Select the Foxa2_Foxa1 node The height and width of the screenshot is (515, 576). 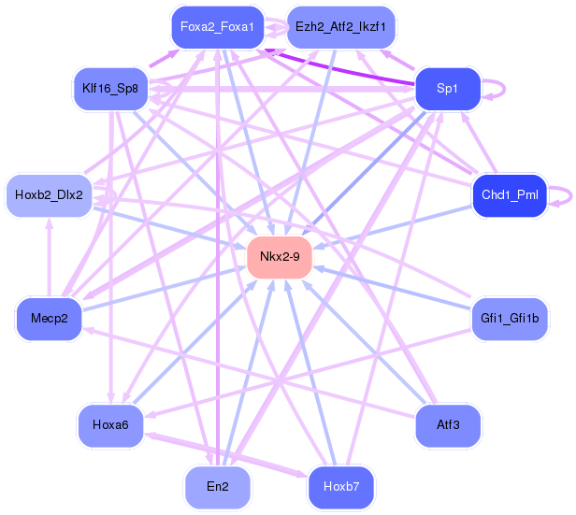pos(217,27)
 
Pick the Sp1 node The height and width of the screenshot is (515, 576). pos(447,89)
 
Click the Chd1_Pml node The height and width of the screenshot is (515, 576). pos(510,195)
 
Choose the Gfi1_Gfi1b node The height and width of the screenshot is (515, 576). pos(510,319)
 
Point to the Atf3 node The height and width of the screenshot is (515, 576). pos(448,425)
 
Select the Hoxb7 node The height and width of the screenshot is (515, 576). pos(340,487)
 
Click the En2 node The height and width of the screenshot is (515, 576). pos(217,487)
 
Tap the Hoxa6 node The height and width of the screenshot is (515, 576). pos(110,425)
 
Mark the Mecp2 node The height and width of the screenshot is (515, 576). pos(49,319)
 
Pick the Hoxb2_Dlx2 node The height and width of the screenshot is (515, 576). pos(49,195)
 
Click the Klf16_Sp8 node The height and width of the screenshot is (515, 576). pos(110,89)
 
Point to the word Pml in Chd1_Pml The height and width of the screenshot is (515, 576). pos(527,195)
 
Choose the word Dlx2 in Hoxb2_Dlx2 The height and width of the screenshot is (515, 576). pos(68,195)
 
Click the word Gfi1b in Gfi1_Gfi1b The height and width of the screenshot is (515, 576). pos(525,319)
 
